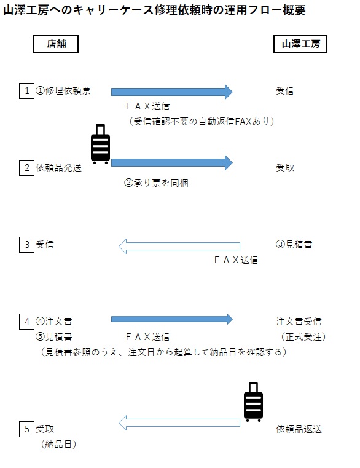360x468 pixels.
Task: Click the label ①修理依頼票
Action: (x=63, y=90)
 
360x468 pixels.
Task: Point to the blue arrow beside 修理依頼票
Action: (x=172, y=92)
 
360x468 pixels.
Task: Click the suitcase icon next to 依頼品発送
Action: (x=101, y=144)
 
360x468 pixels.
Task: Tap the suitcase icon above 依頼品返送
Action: (x=253, y=402)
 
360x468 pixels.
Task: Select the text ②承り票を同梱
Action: (x=156, y=183)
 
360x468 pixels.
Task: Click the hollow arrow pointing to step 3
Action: (x=179, y=246)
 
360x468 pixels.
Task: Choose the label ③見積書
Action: (x=294, y=244)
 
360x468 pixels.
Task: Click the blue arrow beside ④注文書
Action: (x=172, y=319)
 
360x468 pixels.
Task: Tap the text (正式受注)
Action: (x=303, y=336)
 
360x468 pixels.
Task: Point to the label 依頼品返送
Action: (x=299, y=429)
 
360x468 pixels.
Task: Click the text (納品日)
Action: (x=58, y=445)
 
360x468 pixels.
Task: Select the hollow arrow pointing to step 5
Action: (x=179, y=422)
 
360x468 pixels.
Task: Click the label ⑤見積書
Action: (x=54, y=336)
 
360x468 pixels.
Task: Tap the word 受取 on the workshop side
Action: (x=285, y=168)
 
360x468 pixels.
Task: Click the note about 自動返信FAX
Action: (x=202, y=122)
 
